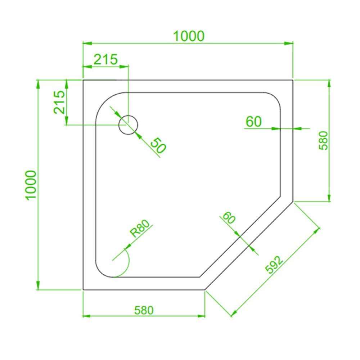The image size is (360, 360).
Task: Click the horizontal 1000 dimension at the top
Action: pos(189,36)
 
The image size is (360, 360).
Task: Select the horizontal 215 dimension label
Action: pos(105,59)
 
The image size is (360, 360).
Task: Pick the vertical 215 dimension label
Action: pos(59,102)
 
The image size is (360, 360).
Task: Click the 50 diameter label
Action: pos(158,145)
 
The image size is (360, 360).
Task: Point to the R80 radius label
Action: pos(140,228)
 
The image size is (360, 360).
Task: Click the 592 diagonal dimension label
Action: pos(274,265)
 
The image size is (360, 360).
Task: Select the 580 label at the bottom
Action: pos(144,310)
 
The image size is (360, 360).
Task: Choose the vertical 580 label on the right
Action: pos(324,140)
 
